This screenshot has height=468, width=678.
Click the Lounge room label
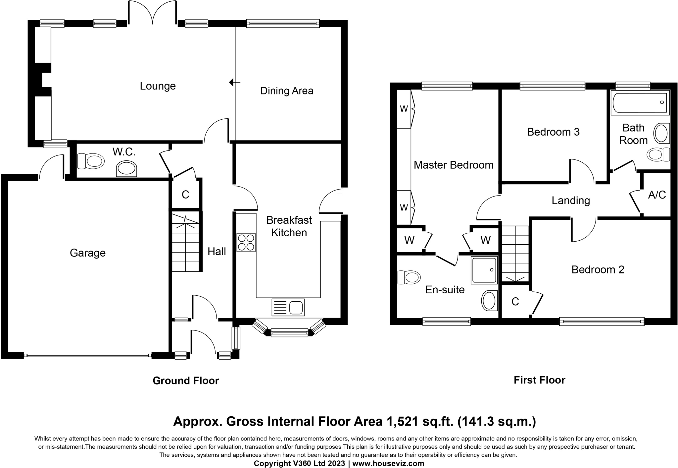pyautogui.click(x=158, y=86)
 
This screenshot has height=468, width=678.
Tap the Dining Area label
pyautogui.click(x=287, y=91)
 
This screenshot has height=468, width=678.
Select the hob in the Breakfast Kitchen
pyautogui.click(x=246, y=242)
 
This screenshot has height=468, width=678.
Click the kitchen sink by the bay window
pyautogui.click(x=288, y=307)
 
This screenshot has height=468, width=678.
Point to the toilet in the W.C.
pyautogui.click(x=91, y=162)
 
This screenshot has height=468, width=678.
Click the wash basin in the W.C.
pyautogui.click(x=126, y=169)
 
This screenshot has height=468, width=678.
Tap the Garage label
pyautogui.click(x=88, y=253)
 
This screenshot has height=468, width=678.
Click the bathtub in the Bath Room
pyautogui.click(x=640, y=103)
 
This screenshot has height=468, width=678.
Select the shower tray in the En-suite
pyautogui.click(x=484, y=270)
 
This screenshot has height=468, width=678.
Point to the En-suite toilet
pyautogui.click(x=409, y=277)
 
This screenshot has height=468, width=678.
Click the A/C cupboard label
pyautogui.click(x=657, y=195)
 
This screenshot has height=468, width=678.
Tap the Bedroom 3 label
pyautogui.click(x=553, y=132)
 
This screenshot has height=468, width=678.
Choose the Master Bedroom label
pyautogui.click(x=454, y=165)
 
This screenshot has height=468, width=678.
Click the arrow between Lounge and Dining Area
pyautogui.click(x=235, y=82)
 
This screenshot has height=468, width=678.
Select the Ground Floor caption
pyautogui.click(x=186, y=380)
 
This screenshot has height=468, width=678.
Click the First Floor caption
pyautogui.click(x=539, y=380)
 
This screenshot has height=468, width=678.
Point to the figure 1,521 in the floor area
pyautogui.click(x=403, y=422)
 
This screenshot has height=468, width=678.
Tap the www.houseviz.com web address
pyautogui.click(x=388, y=463)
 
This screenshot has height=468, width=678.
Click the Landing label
pyautogui.click(x=571, y=201)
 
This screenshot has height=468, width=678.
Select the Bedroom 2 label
pyautogui.click(x=598, y=269)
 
